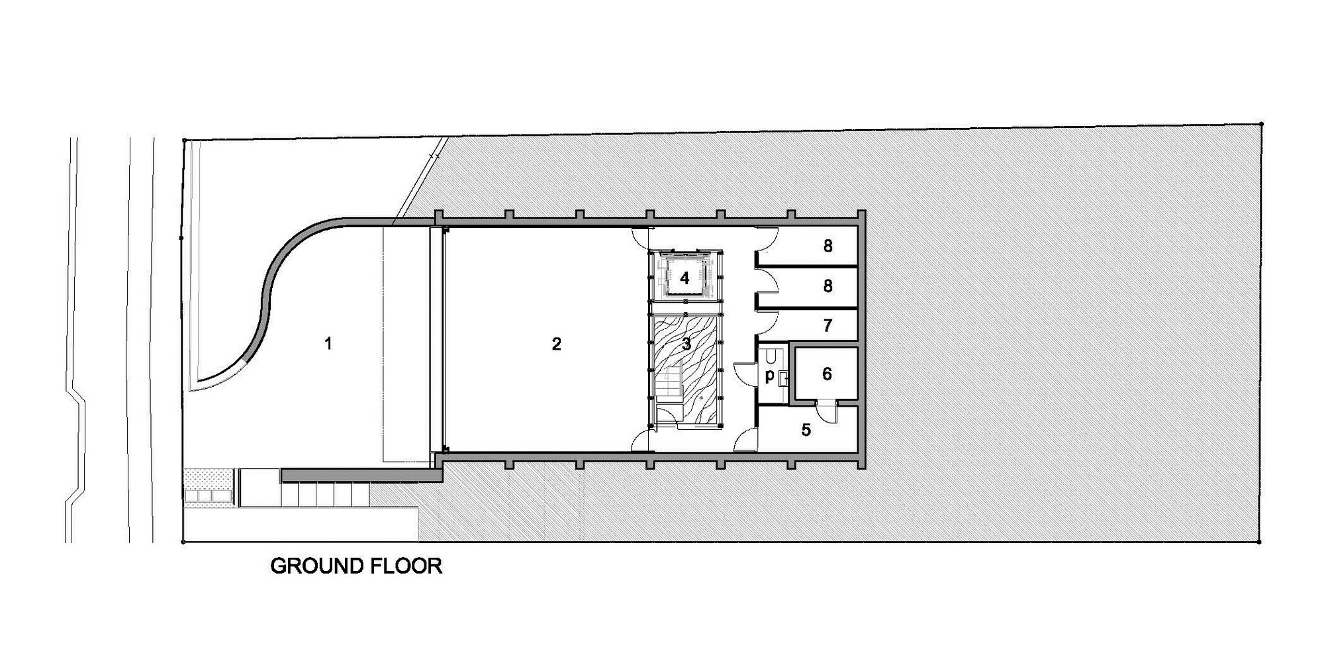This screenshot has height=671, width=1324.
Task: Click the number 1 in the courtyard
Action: (328, 343)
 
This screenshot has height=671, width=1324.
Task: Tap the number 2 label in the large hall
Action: (556, 343)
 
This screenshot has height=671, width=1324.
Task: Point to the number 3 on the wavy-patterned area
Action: (686, 344)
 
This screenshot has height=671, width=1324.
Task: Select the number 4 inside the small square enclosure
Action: (685, 278)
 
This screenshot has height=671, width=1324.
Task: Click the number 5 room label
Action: (806, 430)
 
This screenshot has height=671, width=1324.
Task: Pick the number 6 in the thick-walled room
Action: (827, 374)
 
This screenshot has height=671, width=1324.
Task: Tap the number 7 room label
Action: (827, 326)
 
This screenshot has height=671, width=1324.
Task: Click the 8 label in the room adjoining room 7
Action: (827, 286)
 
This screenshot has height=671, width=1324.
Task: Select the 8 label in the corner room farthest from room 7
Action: (827, 246)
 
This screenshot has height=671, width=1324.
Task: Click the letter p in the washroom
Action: (769, 376)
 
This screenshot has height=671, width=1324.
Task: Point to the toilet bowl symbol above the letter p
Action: (770, 357)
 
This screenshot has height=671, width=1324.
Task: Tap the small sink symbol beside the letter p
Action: (783, 379)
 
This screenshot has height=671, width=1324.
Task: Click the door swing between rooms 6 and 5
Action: (826, 411)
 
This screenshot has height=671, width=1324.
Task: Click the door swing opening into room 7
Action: (768, 325)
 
